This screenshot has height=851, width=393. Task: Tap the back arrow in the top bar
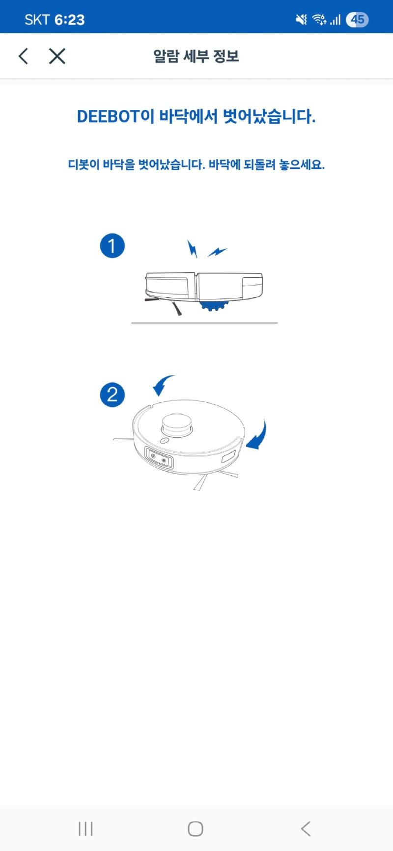click(23, 56)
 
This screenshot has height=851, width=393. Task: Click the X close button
click(57, 56)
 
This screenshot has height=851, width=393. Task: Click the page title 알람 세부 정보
click(196, 56)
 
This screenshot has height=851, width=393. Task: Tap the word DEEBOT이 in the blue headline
click(115, 117)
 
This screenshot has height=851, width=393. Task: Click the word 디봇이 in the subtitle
click(84, 164)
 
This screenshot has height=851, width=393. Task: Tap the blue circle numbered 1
click(112, 245)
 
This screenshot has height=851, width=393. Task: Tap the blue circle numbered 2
click(112, 395)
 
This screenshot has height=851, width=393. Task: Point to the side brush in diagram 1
click(165, 304)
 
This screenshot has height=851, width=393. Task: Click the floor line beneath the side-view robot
click(204, 323)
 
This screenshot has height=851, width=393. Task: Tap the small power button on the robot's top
click(165, 440)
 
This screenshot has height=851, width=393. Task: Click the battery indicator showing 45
click(357, 20)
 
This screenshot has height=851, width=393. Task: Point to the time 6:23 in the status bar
click(70, 20)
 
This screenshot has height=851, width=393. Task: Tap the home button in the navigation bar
click(196, 829)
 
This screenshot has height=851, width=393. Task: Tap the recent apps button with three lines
click(85, 829)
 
